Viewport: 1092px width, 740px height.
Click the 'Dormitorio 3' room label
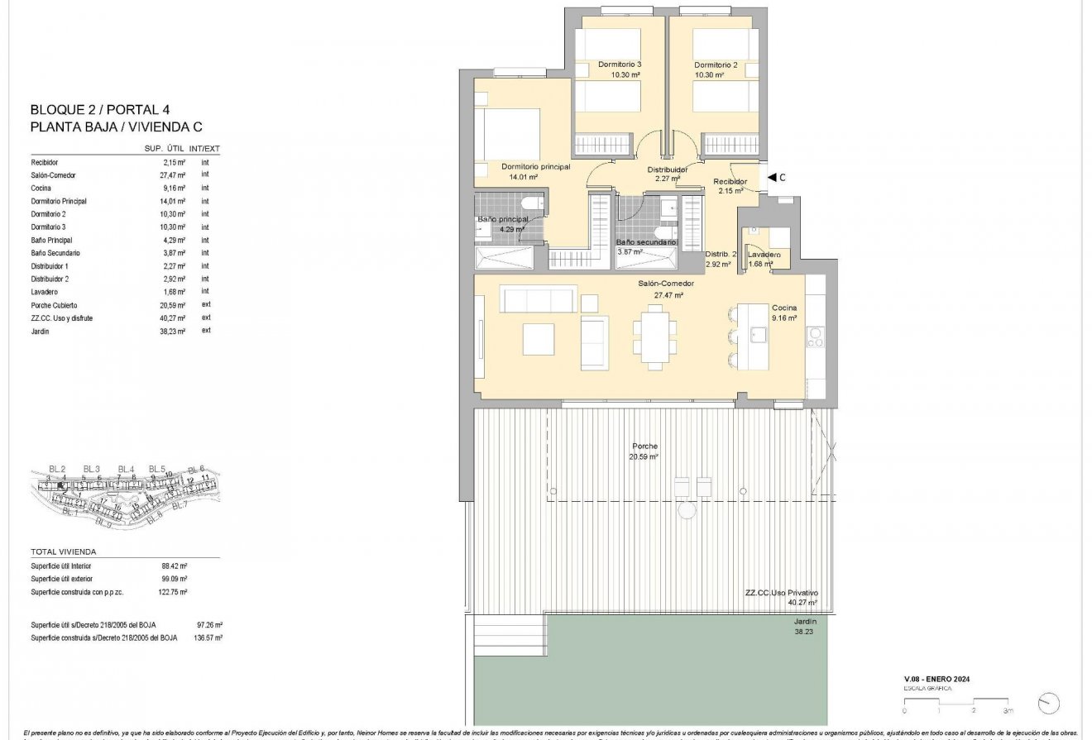coord(620,64)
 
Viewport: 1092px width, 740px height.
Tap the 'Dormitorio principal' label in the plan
coord(535,166)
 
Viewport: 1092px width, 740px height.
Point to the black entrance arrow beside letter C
coord(771,177)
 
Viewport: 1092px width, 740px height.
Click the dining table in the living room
coord(655,337)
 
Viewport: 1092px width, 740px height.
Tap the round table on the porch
coord(688,511)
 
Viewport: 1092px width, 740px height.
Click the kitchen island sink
coord(759,333)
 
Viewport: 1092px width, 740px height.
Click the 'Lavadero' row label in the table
coord(45,291)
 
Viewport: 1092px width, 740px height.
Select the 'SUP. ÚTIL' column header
coord(163,149)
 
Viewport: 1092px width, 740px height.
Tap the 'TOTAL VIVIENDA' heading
coord(64,551)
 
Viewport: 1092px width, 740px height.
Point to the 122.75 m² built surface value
coord(174,592)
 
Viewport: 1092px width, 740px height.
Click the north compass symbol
coord(1048,703)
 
